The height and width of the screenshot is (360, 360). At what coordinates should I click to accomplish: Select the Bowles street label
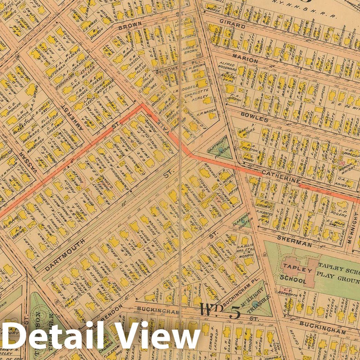(x=254, y=120)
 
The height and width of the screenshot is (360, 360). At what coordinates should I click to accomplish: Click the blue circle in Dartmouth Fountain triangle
(x=220, y=149)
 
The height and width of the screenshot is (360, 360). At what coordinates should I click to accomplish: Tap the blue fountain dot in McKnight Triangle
(x=255, y=303)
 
